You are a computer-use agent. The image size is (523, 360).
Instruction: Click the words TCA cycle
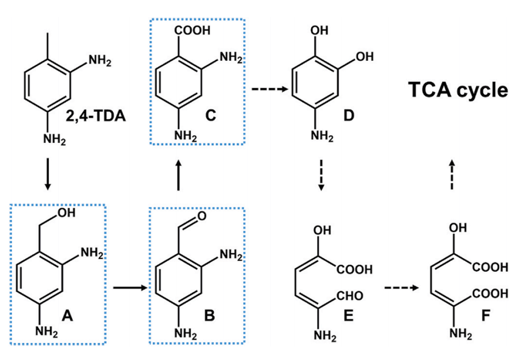point(458,90)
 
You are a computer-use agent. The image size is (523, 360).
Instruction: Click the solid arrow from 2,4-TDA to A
point(48,174)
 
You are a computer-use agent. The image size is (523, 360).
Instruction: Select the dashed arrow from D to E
point(321,175)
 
